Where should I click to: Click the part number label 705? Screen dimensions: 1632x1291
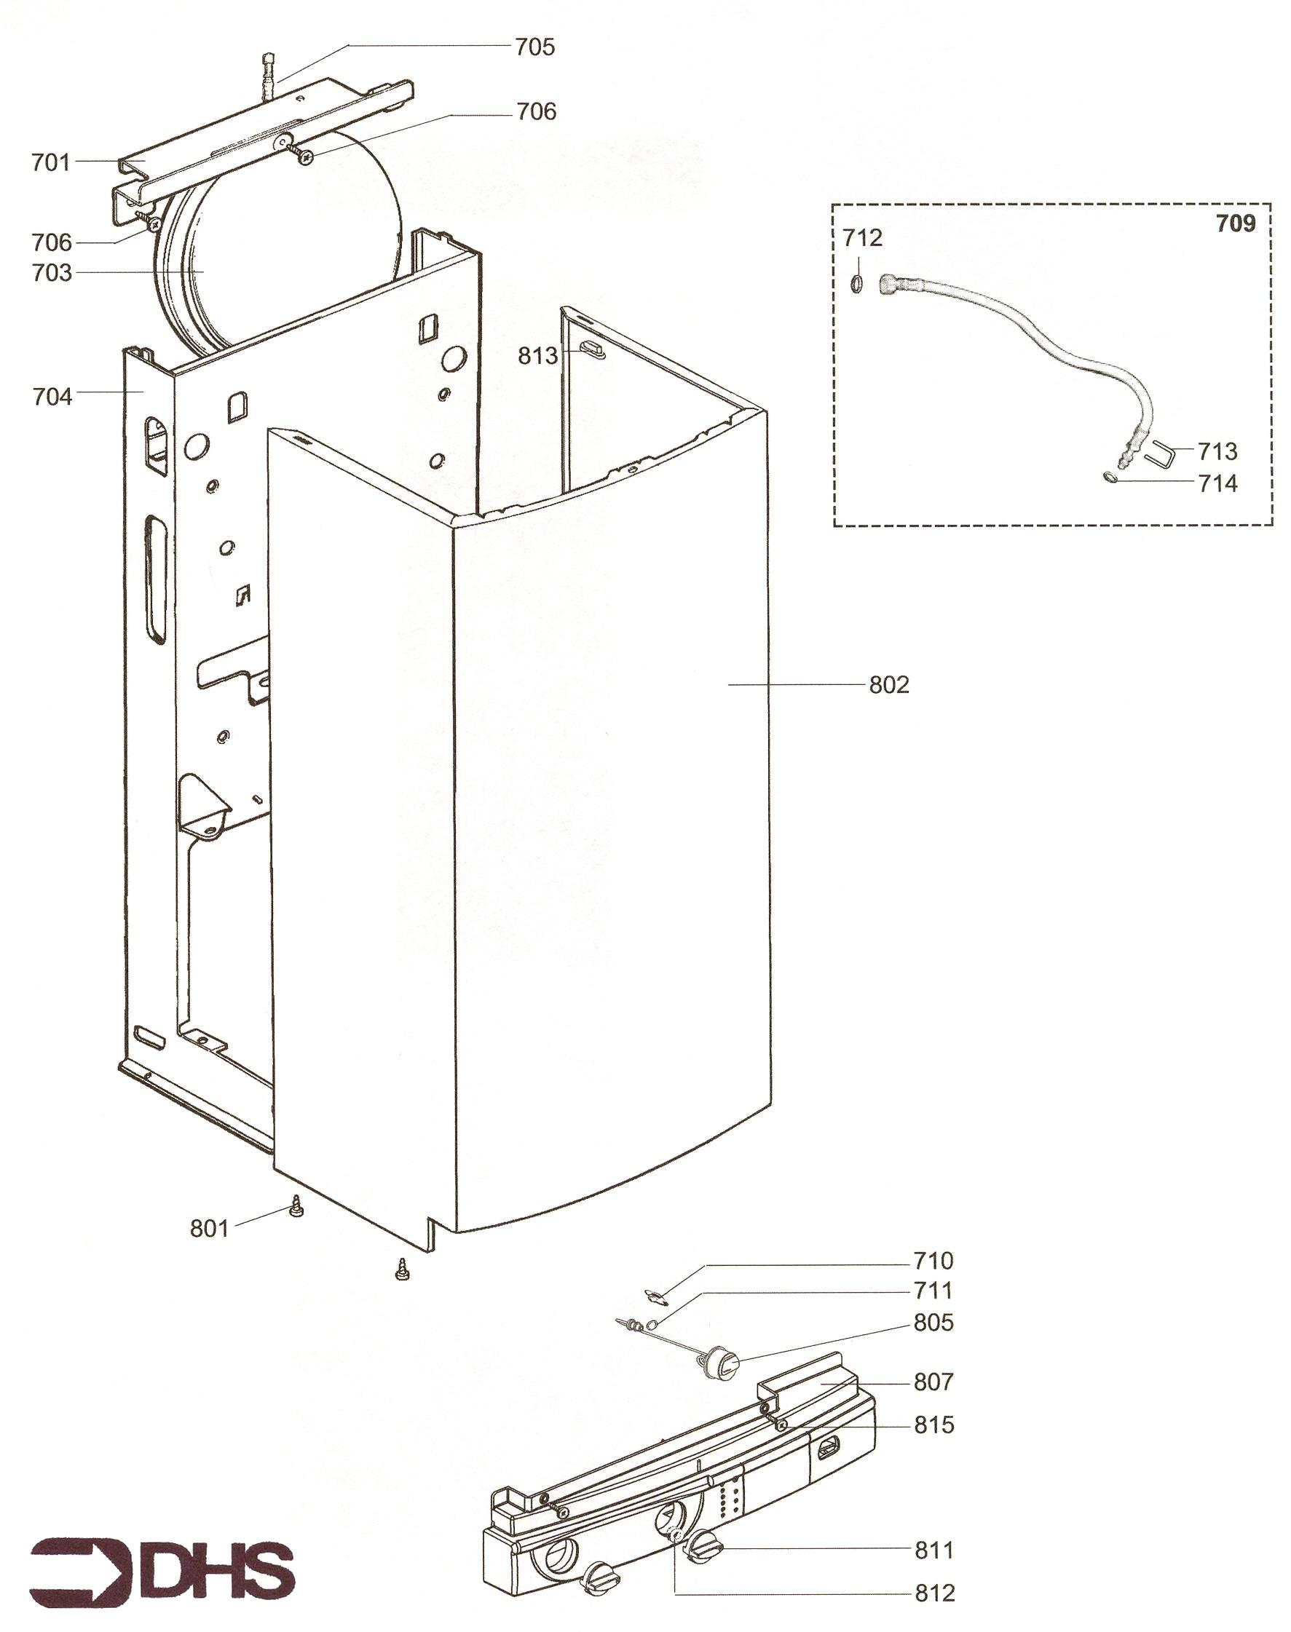[534, 47]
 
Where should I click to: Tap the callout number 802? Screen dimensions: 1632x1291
[889, 685]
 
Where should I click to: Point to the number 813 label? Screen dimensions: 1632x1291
[537, 356]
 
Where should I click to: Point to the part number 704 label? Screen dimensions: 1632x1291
[52, 397]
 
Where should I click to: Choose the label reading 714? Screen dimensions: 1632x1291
[1217, 483]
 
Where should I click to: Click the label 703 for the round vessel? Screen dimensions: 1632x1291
[52, 273]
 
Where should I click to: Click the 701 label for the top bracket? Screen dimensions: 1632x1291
[51, 162]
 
